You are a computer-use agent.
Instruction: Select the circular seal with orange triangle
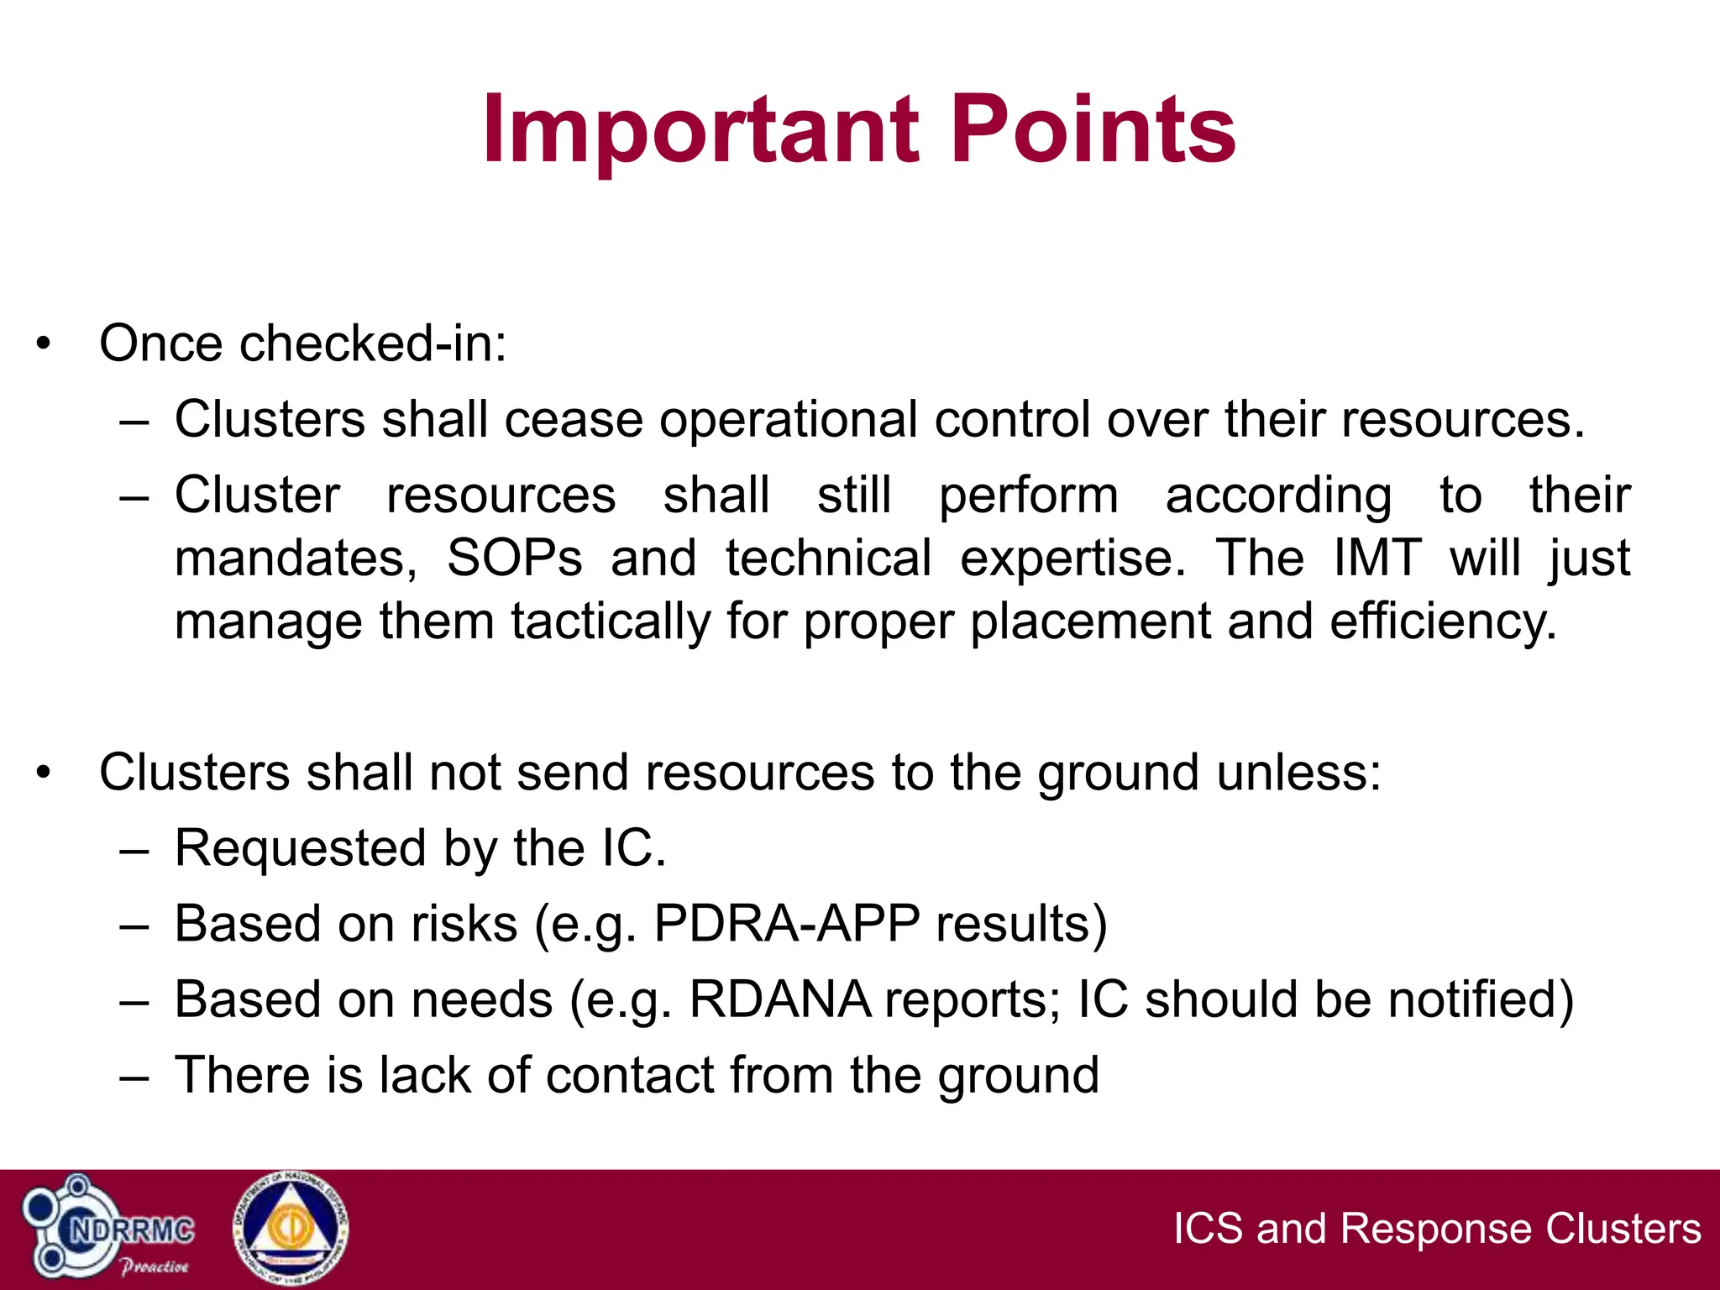291,1229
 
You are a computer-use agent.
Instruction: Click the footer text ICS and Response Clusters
1437,1228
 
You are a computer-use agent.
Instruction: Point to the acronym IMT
1377,558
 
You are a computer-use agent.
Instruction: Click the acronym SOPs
514,558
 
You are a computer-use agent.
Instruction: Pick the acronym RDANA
779,999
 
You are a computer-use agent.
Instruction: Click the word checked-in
373,343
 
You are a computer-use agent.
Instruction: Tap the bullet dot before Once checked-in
44,343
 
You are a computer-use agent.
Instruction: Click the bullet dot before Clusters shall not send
44,772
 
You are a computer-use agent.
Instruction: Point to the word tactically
611,621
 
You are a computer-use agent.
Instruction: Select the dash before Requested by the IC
134,849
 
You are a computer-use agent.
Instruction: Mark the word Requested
301,848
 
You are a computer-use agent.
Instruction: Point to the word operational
788,419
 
